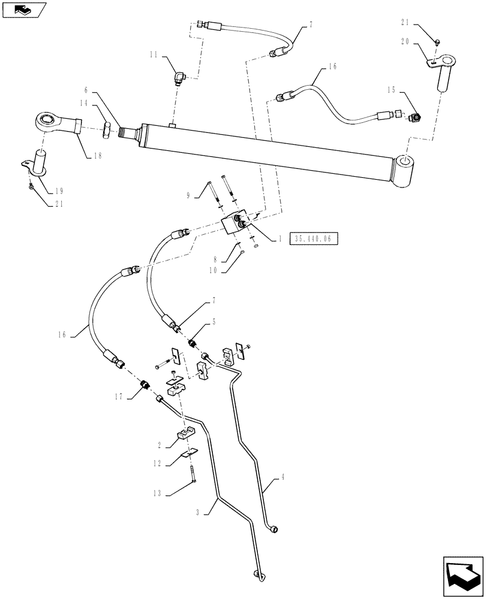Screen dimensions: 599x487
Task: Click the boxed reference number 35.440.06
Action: point(314,239)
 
